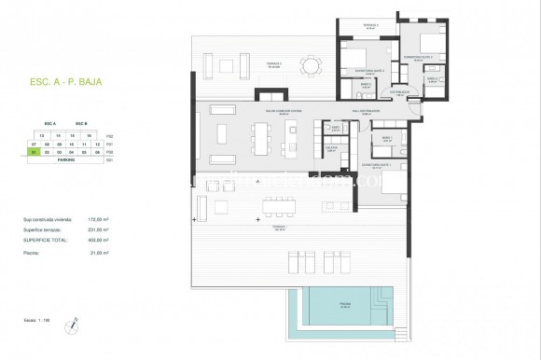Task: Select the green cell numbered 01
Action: point(34,152)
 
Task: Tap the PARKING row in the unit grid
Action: point(66,159)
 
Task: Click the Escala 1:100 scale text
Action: point(39,320)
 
